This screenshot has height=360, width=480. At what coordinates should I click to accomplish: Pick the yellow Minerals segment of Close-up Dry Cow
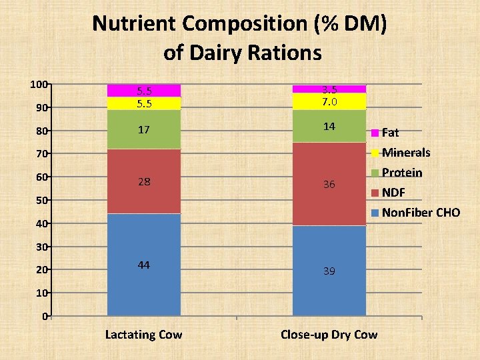tap(329, 101)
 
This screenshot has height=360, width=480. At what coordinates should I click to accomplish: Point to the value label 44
tap(143, 265)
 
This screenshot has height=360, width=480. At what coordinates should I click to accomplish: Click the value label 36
tap(329, 185)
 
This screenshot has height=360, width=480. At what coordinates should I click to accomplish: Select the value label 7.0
tap(329, 102)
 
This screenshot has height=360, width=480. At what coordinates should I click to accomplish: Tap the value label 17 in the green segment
tap(143, 129)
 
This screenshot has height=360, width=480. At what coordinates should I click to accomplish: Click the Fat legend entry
tap(390, 133)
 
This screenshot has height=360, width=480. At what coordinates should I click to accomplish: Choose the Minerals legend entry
tap(405, 153)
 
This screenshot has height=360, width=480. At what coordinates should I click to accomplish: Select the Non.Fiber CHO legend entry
tap(420, 213)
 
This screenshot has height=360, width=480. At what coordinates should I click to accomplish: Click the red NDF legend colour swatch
tap(376, 193)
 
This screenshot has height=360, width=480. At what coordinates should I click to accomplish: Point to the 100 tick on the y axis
tap(38, 84)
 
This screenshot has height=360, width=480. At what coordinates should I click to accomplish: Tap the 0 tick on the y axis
tap(43, 316)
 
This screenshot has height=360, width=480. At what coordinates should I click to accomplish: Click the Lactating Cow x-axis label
tap(143, 335)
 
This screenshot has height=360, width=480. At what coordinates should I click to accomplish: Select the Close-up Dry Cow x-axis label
tap(329, 335)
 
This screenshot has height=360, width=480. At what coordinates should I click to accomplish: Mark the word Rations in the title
tap(287, 52)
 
